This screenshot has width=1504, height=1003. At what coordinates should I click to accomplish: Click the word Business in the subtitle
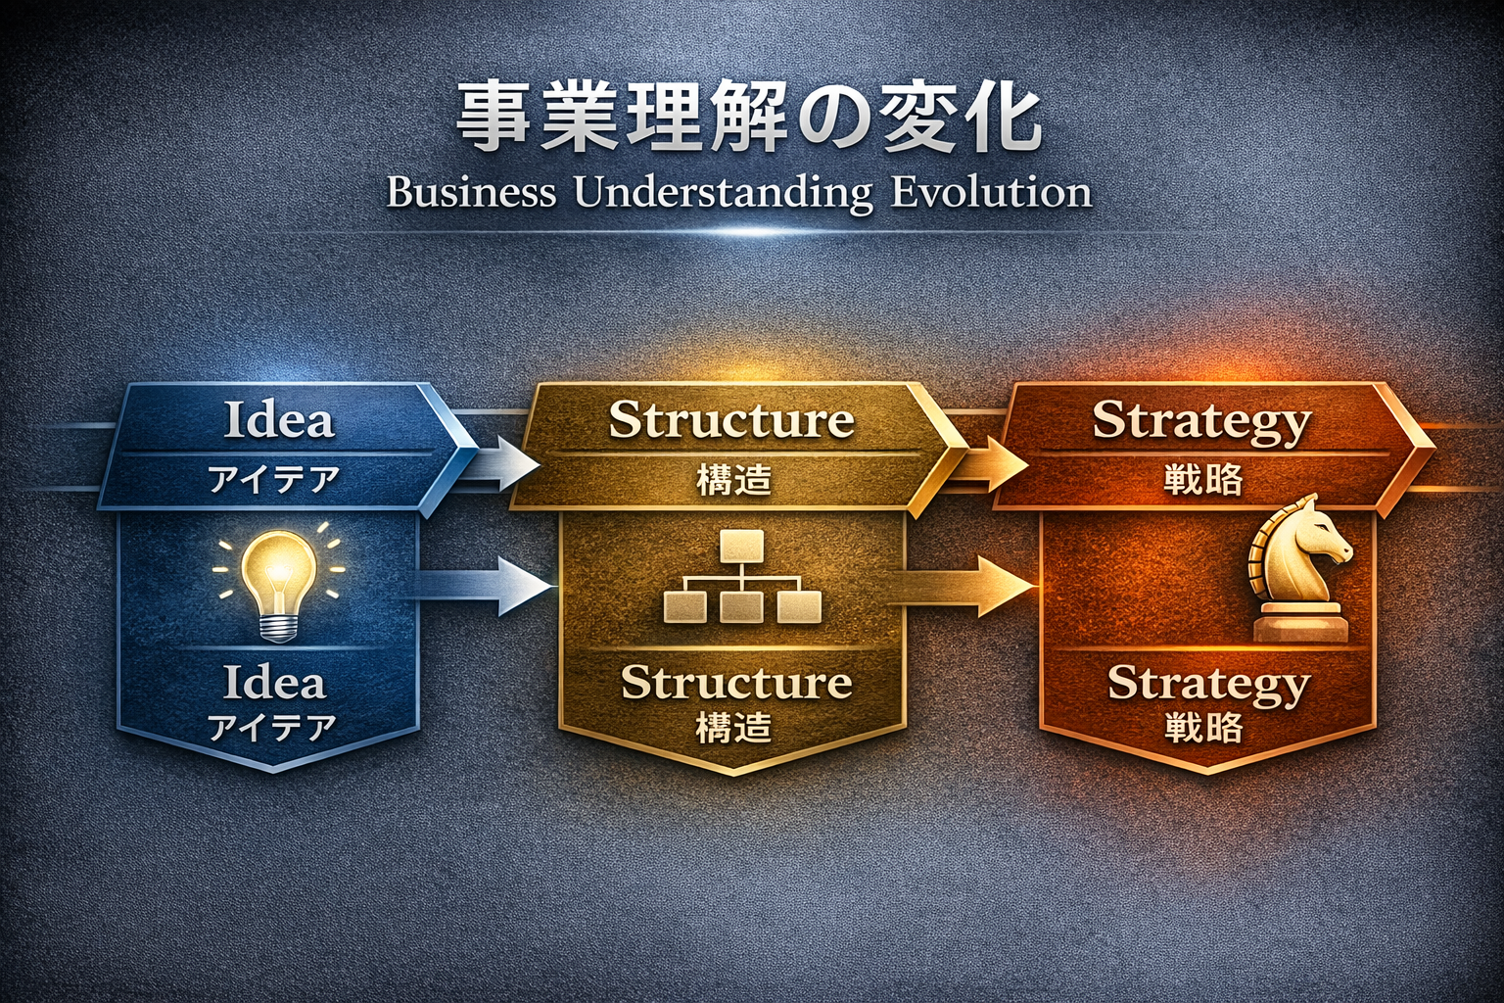[471, 193]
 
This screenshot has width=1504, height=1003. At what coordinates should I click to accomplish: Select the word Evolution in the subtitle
[991, 193]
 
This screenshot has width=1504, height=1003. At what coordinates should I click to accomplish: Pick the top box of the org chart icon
[742, 546]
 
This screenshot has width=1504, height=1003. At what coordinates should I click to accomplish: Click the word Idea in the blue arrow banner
[279, 420]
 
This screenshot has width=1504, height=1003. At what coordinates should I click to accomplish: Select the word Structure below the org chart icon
[736, 683]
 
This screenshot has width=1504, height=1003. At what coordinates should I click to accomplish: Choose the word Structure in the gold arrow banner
[731, 420]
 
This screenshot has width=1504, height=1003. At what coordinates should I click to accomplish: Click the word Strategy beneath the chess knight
[1208, 686]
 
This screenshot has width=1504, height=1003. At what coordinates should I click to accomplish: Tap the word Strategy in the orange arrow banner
[1201, 423]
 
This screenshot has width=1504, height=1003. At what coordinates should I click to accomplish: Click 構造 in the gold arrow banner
[733, 481]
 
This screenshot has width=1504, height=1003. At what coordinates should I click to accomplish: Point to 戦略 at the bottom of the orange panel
[1203, 728]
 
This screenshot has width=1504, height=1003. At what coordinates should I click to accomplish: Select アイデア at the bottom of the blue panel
[272, 728]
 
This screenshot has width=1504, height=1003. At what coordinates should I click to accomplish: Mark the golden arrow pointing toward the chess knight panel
[963, 586]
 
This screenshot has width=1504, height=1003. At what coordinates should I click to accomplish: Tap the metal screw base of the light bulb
[279, 629]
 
